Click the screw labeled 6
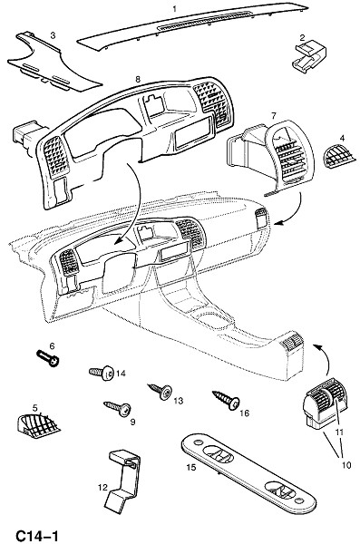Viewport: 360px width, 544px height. coord(48,358)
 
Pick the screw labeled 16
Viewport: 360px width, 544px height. coord(226,400)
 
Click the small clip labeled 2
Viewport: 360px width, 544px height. coord(308,57)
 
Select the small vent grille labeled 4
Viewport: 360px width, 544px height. coord(339,156)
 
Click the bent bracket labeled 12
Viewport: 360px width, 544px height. coord(124,479)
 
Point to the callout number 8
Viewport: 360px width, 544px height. coord(138,79)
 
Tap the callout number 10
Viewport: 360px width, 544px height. coord(346,464)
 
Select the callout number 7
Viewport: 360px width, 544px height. coord(274,115)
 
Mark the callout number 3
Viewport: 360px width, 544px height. coord(53,35)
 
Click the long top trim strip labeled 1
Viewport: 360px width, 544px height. coord(193,25)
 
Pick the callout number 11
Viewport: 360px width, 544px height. coord(339,432)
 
